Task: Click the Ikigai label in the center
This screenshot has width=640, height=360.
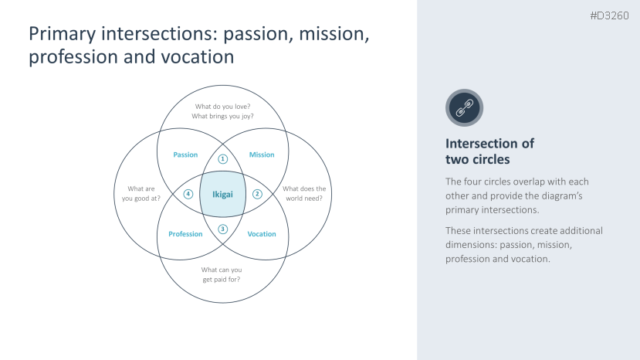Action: (222, 194)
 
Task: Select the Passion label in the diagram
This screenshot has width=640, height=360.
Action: (185, 155)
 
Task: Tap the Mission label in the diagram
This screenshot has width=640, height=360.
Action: (262, 155)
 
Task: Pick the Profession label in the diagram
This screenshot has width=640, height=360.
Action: (185, 234)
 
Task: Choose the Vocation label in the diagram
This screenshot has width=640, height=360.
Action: (262, 234)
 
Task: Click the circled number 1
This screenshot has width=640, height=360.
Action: (223, 159)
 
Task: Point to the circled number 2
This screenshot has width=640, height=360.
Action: (258, 194)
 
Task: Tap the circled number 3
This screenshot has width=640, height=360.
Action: (223, 229)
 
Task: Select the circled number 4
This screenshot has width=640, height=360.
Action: (188, 194)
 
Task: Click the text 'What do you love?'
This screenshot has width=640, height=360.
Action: (222, 107)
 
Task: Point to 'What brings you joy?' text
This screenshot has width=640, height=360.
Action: (222, 117)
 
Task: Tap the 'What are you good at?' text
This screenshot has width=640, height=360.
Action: (141, 193)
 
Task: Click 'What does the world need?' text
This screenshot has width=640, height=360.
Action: (303, 193)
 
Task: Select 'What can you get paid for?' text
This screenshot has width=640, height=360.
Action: (222, 274)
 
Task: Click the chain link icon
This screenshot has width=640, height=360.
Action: (464, 107)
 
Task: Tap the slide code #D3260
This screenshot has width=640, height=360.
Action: (609, 15)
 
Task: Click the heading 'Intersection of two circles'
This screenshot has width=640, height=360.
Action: (489, 151)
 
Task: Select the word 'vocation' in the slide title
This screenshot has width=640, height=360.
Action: (200, 58)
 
